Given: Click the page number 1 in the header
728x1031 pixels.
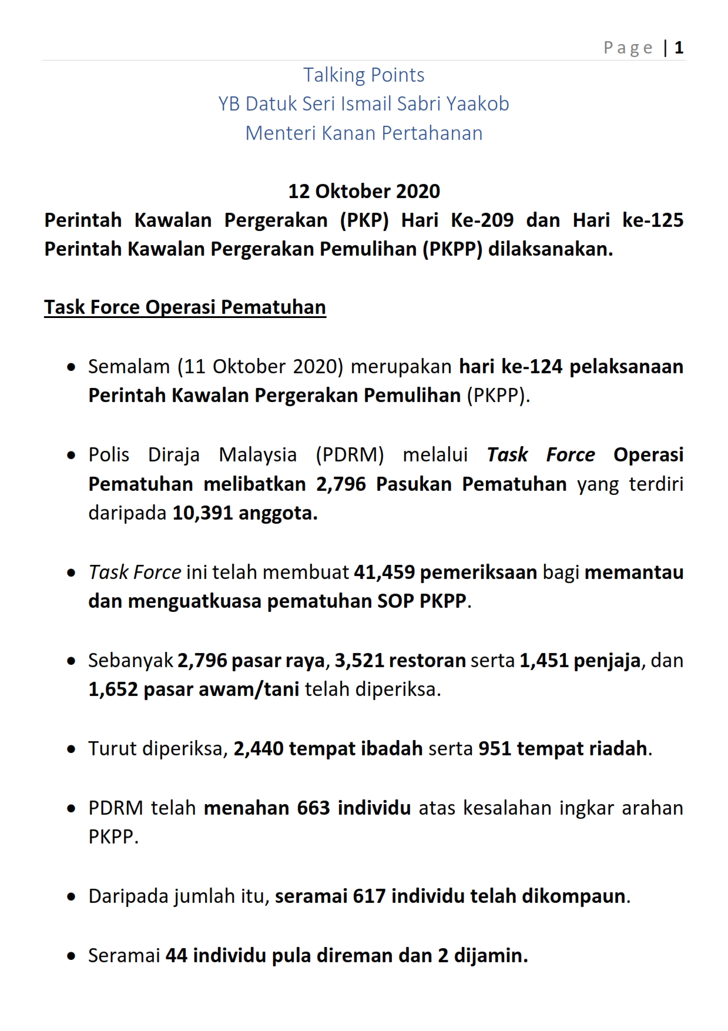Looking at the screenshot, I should (679, 48).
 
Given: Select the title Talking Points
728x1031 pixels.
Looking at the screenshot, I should (364, 75).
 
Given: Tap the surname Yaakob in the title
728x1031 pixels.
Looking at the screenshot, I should (477, 104).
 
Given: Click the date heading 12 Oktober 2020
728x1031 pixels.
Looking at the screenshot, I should (364, 192).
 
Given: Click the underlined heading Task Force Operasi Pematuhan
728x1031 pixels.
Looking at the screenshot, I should (185, 307).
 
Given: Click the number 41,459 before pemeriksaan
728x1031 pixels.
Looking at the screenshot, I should (384, 573).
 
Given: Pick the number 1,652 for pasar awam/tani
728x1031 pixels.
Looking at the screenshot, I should (113, 689).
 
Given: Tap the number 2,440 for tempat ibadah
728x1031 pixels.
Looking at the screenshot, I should (259, 749).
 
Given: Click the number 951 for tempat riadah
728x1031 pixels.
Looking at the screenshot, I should (495, 749).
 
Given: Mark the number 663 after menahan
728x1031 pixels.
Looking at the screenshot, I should (313, 808).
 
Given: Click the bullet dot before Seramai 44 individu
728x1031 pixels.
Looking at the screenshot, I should (71, 956).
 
